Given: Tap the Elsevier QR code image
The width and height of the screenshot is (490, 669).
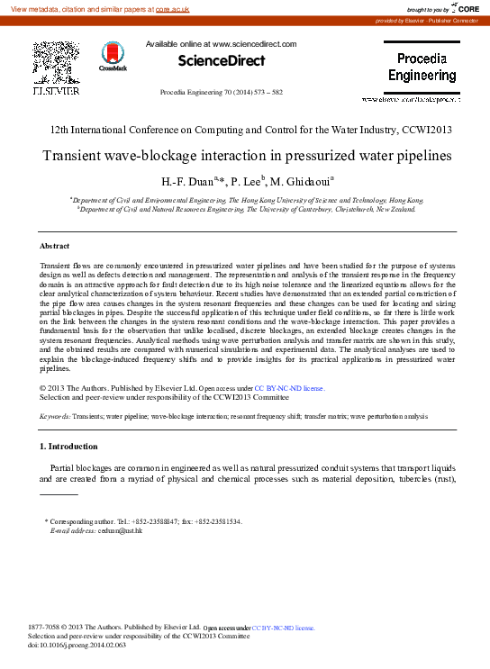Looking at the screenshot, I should click(x=55, y=63).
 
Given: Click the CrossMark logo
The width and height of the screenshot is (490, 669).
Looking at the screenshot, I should click(x=113, y=57).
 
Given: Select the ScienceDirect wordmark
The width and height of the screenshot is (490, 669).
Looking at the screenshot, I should click(x=221, y=61).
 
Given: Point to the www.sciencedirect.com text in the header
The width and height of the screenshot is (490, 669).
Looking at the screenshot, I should click(x=255, y=43).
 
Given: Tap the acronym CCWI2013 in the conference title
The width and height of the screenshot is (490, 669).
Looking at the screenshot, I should click(x=423, y=130).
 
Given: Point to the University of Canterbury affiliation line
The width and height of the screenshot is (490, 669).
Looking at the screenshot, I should click(x=245, y=208).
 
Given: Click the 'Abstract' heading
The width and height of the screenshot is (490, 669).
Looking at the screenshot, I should click(x=55, y=246).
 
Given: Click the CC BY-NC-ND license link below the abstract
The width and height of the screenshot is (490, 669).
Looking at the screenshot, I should click(x=289, y=388).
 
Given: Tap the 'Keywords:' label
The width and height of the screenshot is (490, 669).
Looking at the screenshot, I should click(x=58, y=416).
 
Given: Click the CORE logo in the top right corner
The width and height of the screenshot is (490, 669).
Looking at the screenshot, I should click(x=467, y=8).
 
